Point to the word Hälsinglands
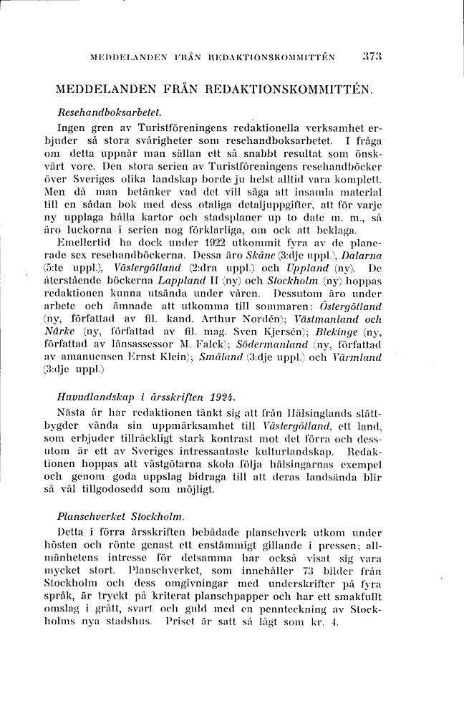(319, 414)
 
